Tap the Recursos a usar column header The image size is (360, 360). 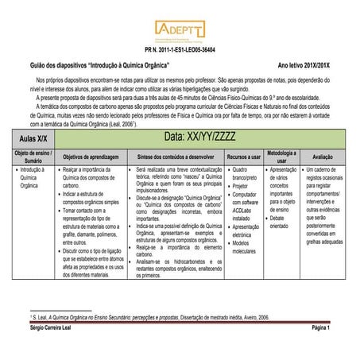pos(243,157)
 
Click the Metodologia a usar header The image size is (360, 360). pos(281,157)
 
